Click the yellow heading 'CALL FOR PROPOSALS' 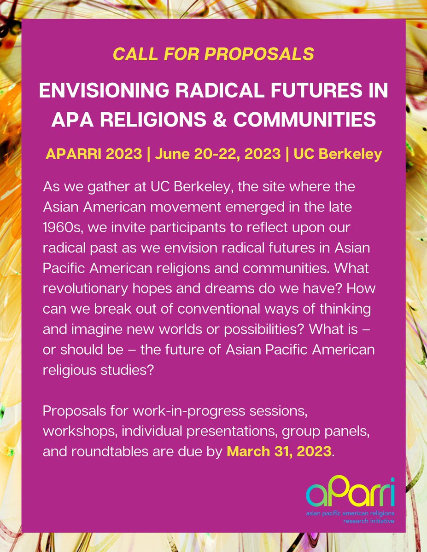click(x=213, y=55)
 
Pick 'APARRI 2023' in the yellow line click(x=94, y=154)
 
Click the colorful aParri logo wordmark click(x=351, y=493)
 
